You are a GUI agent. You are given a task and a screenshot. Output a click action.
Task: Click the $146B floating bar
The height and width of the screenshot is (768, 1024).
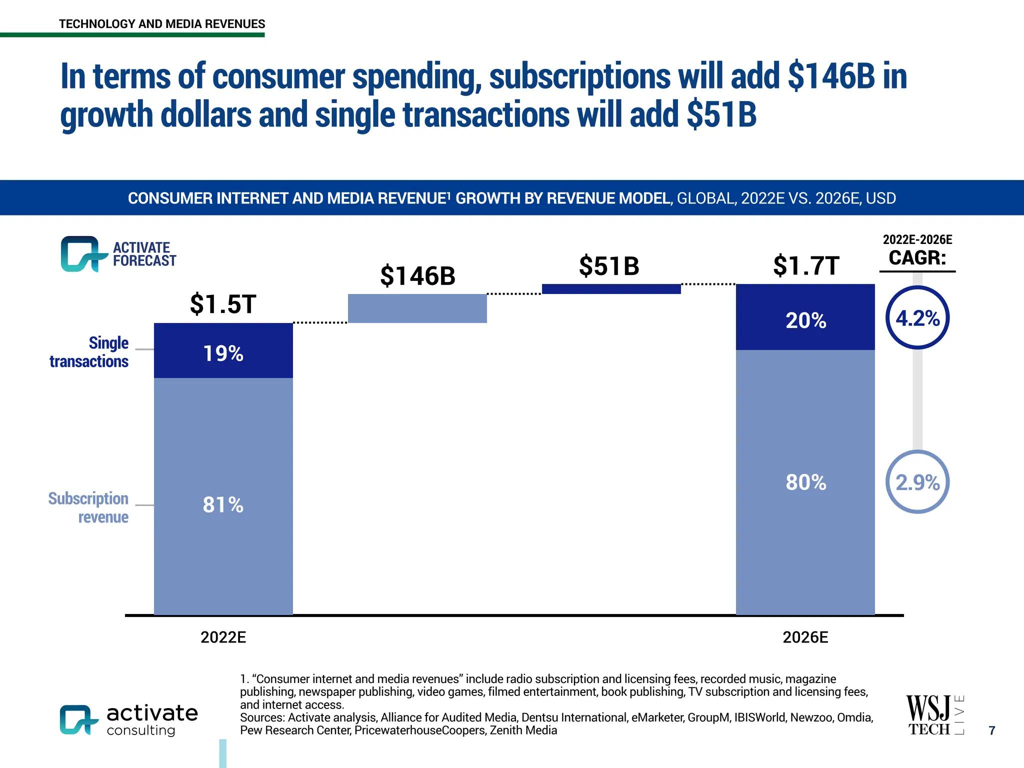pos(417,308)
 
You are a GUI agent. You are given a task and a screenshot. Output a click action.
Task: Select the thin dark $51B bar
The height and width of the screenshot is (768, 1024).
pos(611,288)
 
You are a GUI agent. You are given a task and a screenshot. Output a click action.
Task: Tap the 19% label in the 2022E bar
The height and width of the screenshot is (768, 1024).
pos(223,353)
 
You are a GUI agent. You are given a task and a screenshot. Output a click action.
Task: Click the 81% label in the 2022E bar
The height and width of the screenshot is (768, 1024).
pos(223,504)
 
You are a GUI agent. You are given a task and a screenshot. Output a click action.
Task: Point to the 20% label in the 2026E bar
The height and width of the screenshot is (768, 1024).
pos(805,320)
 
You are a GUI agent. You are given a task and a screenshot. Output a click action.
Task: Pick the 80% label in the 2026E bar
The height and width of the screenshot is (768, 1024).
pos(805,482)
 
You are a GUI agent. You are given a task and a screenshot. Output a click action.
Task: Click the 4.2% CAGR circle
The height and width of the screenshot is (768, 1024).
pos(917,318)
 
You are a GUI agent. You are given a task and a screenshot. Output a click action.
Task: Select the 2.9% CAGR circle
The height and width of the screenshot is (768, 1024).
pos(917,482)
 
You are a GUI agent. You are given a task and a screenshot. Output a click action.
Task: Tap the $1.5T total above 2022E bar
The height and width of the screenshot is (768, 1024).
pos(223,304)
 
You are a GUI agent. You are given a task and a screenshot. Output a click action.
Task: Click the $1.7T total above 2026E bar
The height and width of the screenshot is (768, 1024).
pos(805,265)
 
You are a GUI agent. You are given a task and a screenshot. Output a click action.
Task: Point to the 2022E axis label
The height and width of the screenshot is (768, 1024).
pos(223,637)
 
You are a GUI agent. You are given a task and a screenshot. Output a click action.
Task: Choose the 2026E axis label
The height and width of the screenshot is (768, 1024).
pos(805,637)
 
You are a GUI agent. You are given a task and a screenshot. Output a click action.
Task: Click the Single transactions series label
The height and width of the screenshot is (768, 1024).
pos(89,352)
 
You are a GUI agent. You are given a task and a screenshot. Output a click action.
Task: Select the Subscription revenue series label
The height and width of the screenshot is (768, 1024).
pos(88,507)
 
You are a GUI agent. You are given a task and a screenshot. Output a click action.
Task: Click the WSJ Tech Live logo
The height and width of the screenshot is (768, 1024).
pos(934,715)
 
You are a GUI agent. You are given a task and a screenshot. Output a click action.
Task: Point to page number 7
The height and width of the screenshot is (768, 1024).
pos(992,730)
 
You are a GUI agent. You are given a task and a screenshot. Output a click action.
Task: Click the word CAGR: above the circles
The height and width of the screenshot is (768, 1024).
pos(917,258)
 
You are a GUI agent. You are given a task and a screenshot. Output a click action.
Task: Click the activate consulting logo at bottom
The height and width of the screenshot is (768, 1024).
pos(129,720)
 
